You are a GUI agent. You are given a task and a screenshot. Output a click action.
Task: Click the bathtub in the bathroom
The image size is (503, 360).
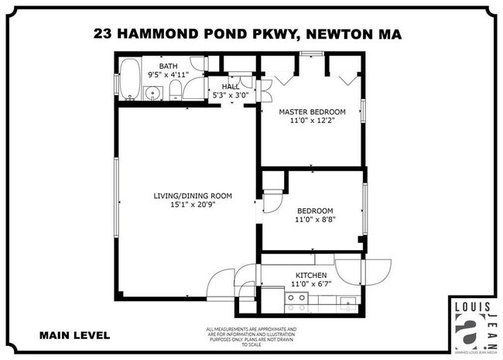coord(128,80)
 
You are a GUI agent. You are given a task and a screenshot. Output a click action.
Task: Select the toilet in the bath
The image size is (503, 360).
coord(175,91)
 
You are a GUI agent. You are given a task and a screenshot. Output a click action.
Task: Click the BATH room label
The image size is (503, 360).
coord(168,67)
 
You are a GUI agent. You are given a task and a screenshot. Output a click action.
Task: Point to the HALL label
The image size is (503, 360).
coord(231,87)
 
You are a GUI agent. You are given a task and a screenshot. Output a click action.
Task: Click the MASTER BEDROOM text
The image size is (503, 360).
coord(312,111)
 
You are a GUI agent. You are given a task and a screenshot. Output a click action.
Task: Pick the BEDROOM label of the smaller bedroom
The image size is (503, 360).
coord(315,211)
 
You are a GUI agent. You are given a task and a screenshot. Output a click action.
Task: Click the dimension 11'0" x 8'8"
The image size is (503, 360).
coord(315,221)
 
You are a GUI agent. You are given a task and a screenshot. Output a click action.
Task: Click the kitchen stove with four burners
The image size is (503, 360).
coord(296,301)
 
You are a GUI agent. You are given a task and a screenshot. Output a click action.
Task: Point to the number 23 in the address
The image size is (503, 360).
coord(102,33)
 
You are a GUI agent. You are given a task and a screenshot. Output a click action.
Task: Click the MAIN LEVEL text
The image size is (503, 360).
coord(74,335)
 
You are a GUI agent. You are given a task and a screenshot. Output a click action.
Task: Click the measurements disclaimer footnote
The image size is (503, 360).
coord(251,336)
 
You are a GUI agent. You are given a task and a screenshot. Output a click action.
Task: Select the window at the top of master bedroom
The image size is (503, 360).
coord(311,53)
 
